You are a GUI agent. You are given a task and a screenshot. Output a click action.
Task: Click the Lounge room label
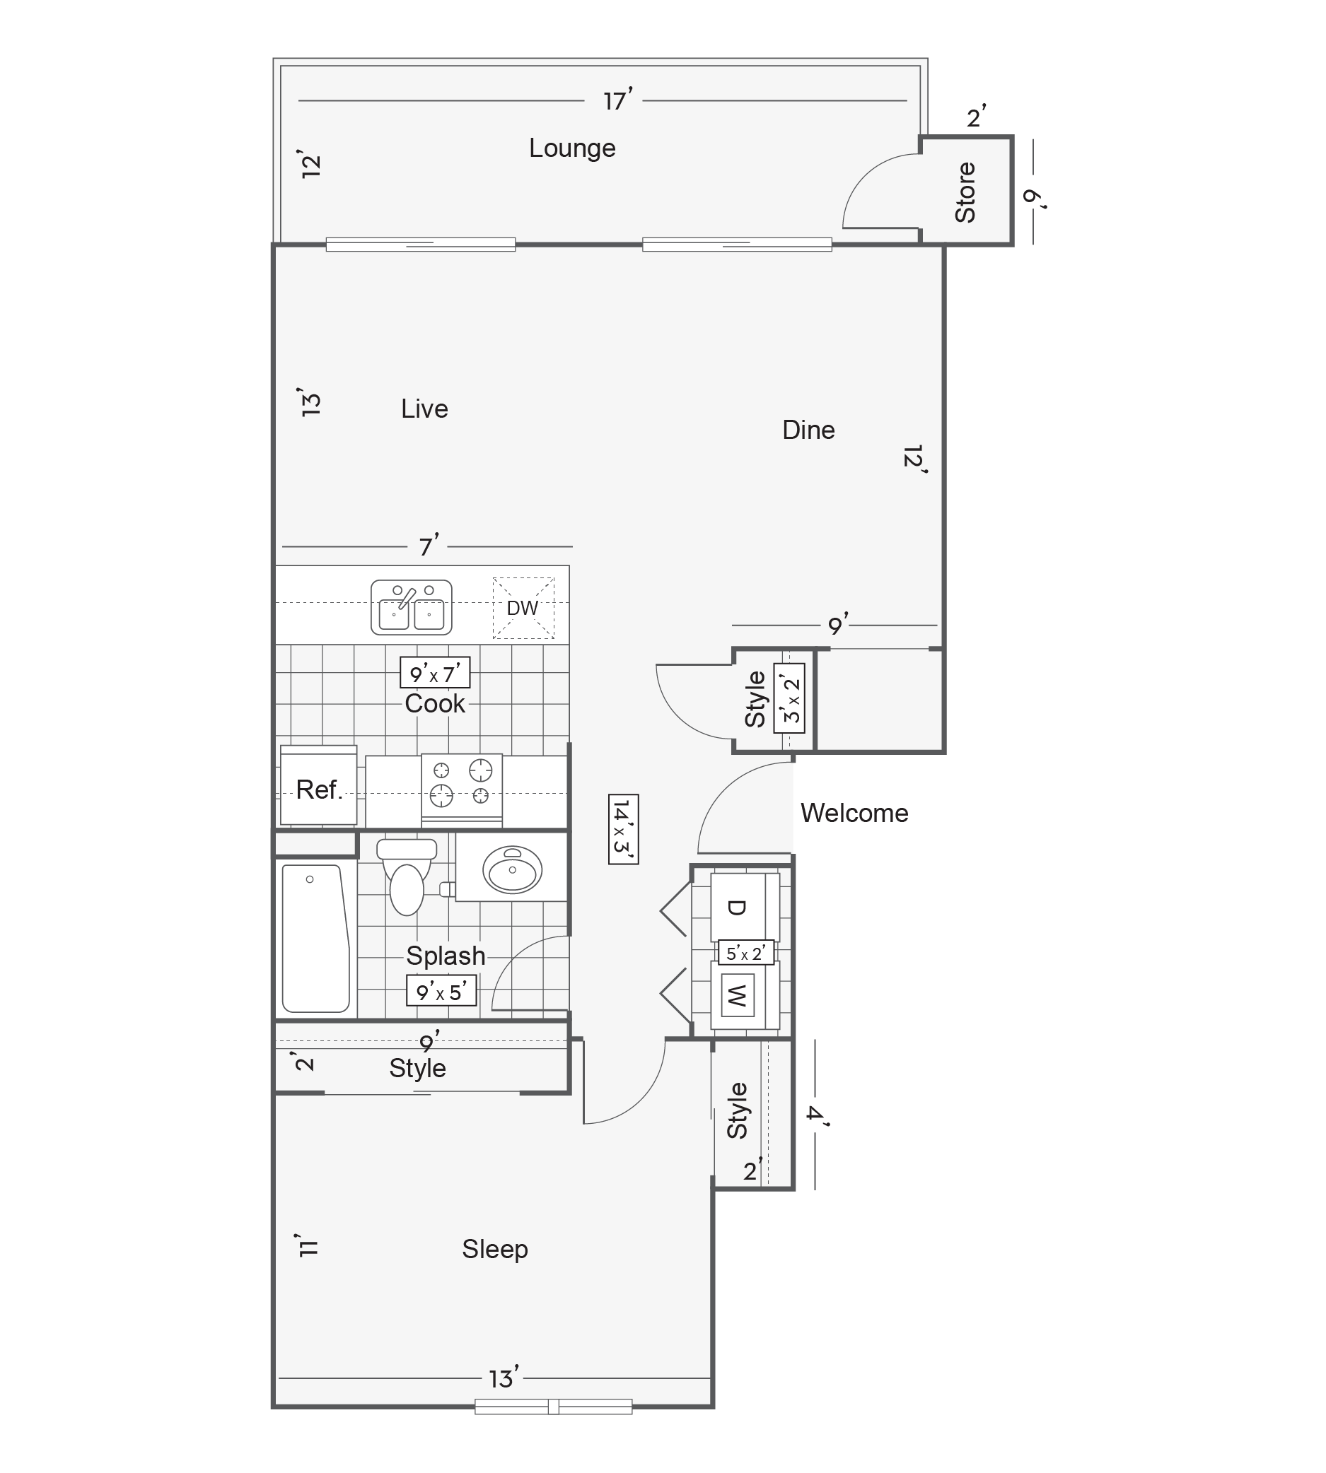[x=572, y=148]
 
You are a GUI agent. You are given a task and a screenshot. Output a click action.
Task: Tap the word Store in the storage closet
[x=965, y=192]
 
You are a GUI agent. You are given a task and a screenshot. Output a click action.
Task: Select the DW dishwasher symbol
[x=523, y=608]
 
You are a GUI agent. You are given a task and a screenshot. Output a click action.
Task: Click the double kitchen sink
[x=412, y=607]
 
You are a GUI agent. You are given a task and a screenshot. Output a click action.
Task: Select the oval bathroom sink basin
[x=512, y=869]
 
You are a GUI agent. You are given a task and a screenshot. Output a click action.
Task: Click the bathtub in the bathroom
[x=316, y=939]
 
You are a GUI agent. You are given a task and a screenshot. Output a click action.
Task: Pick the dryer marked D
[x=745, y=907]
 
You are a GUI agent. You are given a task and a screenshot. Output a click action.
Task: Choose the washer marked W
[x=745, y=995]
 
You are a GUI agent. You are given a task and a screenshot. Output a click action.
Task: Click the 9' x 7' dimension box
[x=435, y=673]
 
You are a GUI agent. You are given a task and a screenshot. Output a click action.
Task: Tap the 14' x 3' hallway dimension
[x=624, y=829]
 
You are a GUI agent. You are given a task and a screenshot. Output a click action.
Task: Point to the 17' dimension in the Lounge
[x=618, y=100]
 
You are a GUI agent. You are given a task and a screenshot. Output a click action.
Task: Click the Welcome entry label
[x=854, y=814]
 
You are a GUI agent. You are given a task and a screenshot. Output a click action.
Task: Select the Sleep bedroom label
[x=495, y=1250]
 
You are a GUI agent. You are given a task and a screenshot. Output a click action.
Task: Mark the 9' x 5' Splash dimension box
[x=441, y=991]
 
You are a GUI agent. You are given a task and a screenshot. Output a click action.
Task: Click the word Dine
[x=809, y=430]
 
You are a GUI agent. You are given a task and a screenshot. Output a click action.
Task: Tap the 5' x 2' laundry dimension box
[x=746, y=952]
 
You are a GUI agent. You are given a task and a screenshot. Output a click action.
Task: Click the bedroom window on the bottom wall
[x=554, y=1407]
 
